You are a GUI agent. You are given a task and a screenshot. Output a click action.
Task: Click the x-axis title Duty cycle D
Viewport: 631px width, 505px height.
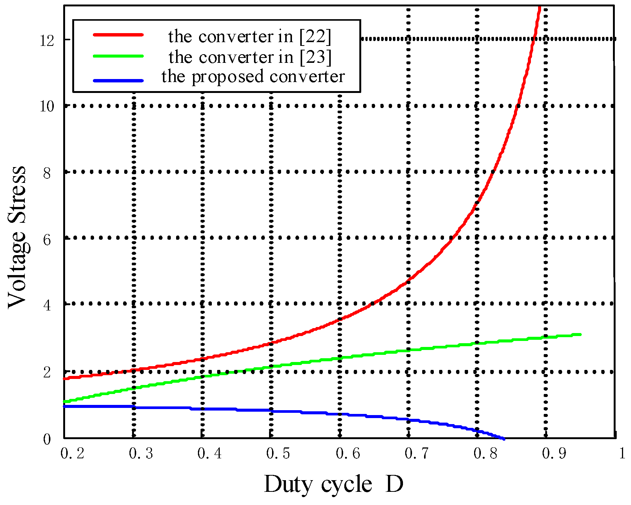[333, 484]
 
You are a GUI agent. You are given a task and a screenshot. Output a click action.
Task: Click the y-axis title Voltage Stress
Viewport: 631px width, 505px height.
[17, 237]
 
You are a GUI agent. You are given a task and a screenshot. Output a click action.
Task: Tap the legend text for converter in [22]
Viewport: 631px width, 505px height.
[250, 37]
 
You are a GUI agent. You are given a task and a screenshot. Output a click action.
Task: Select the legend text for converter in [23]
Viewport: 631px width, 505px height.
[250, 57]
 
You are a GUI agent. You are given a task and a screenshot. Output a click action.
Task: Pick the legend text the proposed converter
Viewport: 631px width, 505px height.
[253, 76]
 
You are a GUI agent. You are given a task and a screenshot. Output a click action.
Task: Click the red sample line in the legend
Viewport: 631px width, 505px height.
[118, 35]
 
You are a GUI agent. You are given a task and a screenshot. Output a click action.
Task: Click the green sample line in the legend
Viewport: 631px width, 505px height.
[118, 56]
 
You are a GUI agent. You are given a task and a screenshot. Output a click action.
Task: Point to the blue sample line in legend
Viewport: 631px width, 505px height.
[118, 81]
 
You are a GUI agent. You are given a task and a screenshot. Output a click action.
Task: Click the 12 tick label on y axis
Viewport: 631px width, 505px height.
[47, 40]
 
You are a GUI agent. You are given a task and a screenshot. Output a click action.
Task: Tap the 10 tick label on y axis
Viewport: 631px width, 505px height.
[47, 106]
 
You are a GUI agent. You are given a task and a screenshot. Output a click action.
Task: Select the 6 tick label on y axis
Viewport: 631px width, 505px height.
[47, 240]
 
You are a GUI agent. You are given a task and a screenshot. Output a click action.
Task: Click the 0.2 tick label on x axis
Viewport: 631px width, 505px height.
[72, 453]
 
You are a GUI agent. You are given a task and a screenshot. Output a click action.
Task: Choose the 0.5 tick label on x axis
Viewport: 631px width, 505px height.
[278, 453]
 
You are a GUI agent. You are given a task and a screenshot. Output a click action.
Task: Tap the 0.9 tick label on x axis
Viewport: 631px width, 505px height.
[554, 453]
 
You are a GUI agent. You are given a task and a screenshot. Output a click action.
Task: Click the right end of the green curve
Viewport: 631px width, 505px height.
[581, 334]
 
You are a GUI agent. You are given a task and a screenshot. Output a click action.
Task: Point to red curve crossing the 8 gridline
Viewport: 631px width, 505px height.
[495, 172]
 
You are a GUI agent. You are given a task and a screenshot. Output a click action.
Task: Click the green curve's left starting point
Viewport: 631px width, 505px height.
[65, 402]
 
